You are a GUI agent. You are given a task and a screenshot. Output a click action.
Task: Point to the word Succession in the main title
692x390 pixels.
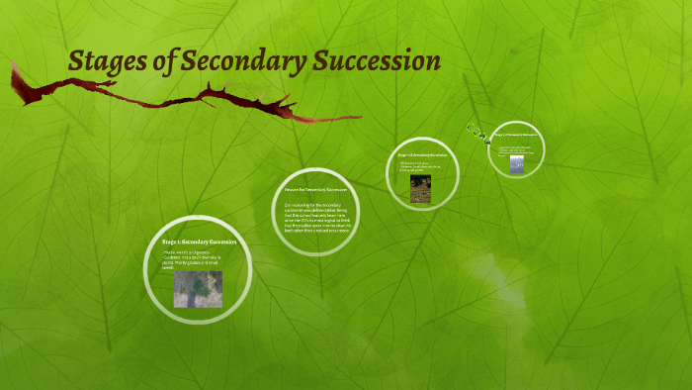pyautogui.click(x=377, y=61)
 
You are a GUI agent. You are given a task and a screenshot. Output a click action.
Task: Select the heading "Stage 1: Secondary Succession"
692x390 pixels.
pyautogui.click(x=198, y=242)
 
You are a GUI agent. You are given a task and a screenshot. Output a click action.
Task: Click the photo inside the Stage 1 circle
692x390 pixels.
pyautogui.click(x=198, y=289)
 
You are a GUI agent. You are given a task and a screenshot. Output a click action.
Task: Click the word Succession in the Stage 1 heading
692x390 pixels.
pyautogui.click(x=219, y=242)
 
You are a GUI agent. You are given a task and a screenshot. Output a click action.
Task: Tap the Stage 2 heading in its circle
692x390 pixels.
pyautogui.click(x=422, y=155)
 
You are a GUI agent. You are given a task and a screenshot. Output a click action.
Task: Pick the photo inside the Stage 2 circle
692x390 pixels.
pyautogui.click(x=421, y=188)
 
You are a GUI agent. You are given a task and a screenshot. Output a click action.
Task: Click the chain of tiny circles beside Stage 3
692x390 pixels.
pyautogui.click(x=478, y=133)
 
